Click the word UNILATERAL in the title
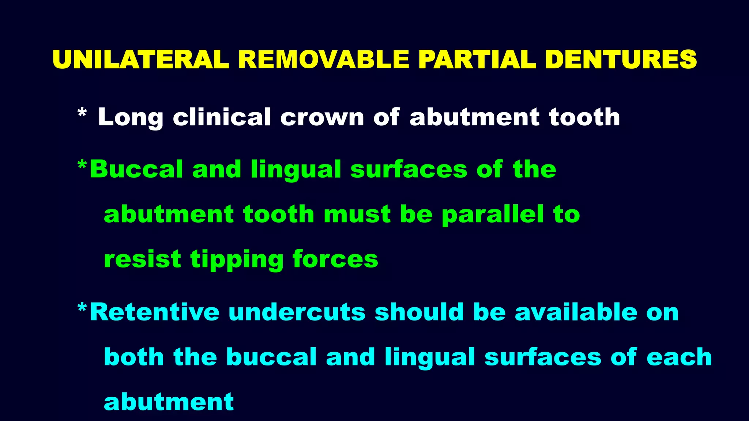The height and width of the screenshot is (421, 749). tap(141, 59)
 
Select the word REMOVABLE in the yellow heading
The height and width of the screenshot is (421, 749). tap(323, 59)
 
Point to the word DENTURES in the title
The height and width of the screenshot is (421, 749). tap(621, 59)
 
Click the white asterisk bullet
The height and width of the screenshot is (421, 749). tap(82, 113)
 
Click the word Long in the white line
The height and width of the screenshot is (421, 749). tap(130, 118)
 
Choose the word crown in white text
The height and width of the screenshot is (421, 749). tap(322, 118)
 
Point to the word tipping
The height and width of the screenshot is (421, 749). tap(237, 260)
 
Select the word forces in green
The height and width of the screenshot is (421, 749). tap(335, 259)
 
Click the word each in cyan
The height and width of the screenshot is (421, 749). tap(679, 357)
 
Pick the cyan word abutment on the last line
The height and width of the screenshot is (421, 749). tap(169, 402)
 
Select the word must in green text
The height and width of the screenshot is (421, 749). tap(357, 215)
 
